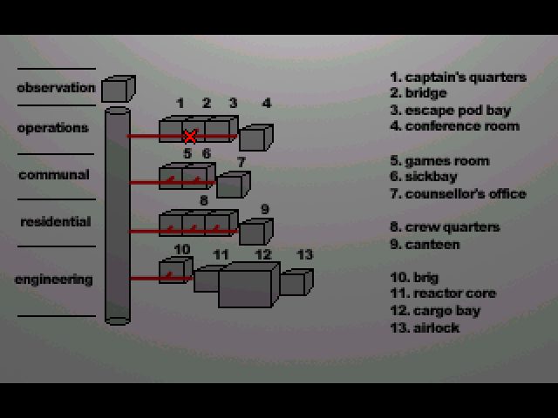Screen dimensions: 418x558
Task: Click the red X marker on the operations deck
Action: [x=189, y=136]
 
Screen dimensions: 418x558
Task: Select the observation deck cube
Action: [x=118, y=89]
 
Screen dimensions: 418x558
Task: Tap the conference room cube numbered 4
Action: [x=255, y=137]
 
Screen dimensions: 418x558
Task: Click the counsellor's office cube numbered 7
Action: [x=233, y=184]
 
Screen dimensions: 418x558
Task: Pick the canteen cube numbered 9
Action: [x=255, y=231]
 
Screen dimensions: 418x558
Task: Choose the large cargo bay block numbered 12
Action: [x=248, y=284]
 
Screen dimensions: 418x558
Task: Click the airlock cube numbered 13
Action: [x=296, y=281]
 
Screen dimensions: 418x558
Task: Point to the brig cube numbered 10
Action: [x=175, y=271]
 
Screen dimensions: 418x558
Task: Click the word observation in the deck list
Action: [x=56, y=88]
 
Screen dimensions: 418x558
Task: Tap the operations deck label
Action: [x=53, y=128]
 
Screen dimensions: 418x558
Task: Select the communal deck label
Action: [x=54, y=175]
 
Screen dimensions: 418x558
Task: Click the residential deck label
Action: [x=56, y=222]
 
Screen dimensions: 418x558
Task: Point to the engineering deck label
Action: [x=54, y=280]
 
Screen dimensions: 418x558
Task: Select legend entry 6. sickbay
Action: [x=425, y=177]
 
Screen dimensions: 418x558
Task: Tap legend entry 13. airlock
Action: [x=425, y=327]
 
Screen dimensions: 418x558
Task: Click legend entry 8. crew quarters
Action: [x=445, y=227]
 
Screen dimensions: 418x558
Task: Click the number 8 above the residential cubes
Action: [x=203, y=200]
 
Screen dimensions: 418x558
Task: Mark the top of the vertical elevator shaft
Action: [x=117, y=111]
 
